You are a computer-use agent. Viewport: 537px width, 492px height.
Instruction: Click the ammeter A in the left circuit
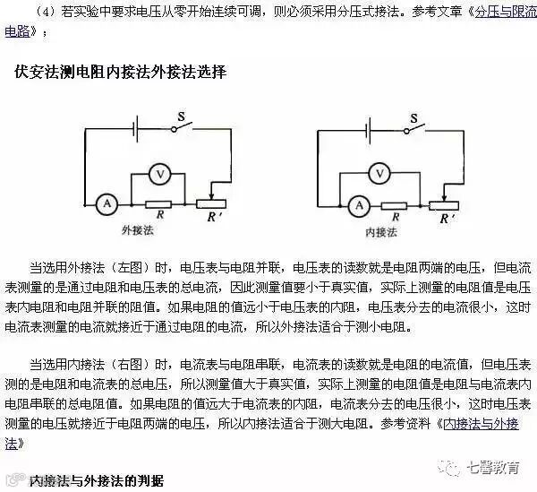point(107,204)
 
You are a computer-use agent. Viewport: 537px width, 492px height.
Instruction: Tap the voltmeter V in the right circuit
point(380,172)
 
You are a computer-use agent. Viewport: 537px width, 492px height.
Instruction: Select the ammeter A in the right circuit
point(358,205)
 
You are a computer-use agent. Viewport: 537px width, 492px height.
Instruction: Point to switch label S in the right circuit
point(413,117)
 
